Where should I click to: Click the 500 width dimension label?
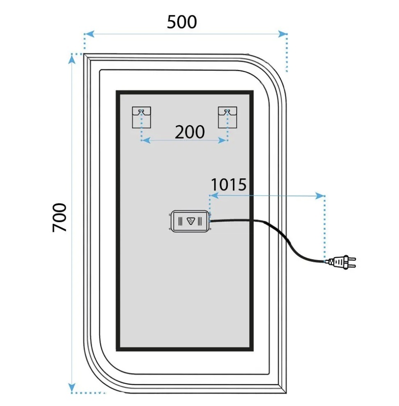(x=182, y=22)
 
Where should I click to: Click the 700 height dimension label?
(x=60, y=217)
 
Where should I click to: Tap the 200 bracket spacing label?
(x=190, y=132)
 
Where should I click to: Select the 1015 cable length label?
(x=229, y=185)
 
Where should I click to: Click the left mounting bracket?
(x=141, y=117)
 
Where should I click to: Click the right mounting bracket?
(x=227, y=117)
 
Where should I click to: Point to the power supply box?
(x=190, y=221)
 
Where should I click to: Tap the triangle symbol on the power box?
(x=191, y=221)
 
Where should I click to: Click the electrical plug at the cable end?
(x=342, y=262)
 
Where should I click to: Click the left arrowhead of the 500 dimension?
(x=89, y=34)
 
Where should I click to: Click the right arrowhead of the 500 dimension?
(x=282, y=34)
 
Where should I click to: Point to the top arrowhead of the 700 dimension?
(x=72, y=59)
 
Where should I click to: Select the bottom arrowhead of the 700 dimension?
(x=72, y=388)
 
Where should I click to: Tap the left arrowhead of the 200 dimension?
(x=147, y=140)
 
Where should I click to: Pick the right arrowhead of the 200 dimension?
(x=223, y=140)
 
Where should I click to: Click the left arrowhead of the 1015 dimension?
(x=214, y=196)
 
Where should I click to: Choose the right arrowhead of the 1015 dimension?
(x=320, y=196)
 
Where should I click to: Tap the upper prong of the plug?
(x=352, y=258)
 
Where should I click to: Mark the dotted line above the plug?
(x=325, y=228)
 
